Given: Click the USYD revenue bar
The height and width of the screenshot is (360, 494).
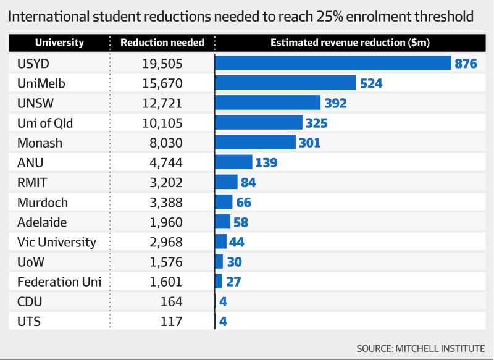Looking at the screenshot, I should click(x=333, y=64).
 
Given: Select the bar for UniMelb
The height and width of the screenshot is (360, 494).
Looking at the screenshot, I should click(x=286, y=83).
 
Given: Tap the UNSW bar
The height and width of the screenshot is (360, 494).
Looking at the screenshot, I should click(x=268, y=103).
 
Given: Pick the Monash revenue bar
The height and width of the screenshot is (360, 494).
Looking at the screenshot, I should click(x=256, y=143).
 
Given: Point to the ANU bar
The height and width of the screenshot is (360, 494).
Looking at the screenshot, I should click(x=234, y=162).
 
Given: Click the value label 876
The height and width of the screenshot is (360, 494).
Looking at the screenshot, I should click(x=466, y=64).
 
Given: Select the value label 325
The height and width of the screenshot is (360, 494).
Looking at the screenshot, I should click(x=316, y=123).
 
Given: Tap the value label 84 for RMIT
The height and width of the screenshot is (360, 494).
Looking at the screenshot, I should click(x=248, y=182).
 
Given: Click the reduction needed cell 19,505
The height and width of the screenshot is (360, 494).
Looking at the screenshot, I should click(x=162, y=64).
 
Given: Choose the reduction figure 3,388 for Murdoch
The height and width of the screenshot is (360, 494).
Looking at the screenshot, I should click(x=165, y=202).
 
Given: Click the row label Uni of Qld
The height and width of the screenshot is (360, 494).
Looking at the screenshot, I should click(x=45, y=123).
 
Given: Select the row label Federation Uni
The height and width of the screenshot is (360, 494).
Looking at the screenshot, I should click(x=59, y=282).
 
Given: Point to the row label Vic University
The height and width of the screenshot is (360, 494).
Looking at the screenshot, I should click(x=57, y=242).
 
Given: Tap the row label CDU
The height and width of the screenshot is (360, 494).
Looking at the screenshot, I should click(x=30, y=301).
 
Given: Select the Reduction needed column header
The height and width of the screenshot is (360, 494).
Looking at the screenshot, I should click(x=162, y=43).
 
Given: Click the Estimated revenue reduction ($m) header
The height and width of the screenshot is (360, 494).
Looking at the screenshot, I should click(x=350, y=43).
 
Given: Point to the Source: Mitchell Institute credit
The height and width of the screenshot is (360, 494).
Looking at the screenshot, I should click(x=421, y=348).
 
